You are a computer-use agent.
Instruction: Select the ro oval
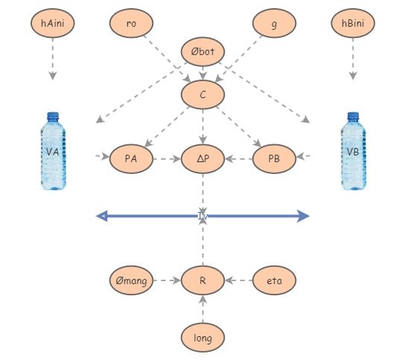click(131, 24)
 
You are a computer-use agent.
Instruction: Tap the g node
click(274, 24)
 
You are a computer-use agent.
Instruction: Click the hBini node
click(353, 24)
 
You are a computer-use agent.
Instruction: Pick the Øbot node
click(202, 52)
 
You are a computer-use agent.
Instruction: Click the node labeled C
click(202, 94)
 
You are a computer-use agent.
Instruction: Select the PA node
click(131, 158)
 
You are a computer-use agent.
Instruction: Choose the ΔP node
click(202, 158)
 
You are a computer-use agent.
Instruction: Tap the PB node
click(274, 158)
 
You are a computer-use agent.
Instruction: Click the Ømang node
click(131, 280)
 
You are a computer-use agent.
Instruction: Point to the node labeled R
click(202, 280)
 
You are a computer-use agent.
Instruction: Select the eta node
click(274, 280)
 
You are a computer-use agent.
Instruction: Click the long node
click(202, 338)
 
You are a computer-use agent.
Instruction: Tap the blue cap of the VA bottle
click(52, 116)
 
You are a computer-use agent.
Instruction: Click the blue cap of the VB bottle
click(353, 116)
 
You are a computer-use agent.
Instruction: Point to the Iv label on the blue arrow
click(202, 216)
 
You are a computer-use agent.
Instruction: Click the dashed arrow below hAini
click(52, 60)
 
